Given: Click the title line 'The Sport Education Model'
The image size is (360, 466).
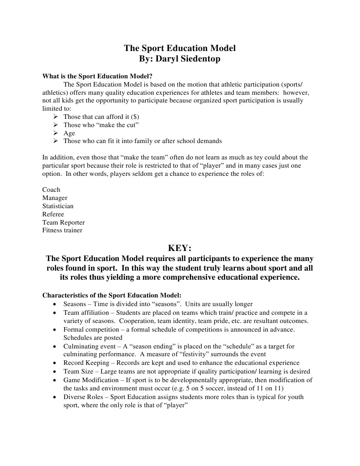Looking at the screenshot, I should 180,48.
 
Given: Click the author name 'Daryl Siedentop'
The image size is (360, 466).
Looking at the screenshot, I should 191,59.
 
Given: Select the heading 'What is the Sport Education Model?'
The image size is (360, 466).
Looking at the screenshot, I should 97,76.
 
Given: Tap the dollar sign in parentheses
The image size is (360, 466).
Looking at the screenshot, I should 134,117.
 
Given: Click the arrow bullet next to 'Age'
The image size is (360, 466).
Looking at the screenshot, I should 56,133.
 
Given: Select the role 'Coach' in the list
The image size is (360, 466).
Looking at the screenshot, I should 51,189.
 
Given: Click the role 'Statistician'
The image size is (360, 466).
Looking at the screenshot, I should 58,206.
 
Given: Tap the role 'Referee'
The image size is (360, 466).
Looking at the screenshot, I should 53,214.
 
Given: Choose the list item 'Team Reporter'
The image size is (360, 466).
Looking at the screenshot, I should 63,222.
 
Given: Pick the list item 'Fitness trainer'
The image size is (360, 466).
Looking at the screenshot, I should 62,230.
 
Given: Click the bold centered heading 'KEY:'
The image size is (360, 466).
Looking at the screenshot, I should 180,248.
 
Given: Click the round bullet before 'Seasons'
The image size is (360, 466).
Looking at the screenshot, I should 55,304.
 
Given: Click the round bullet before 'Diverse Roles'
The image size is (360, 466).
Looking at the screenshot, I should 55,397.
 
